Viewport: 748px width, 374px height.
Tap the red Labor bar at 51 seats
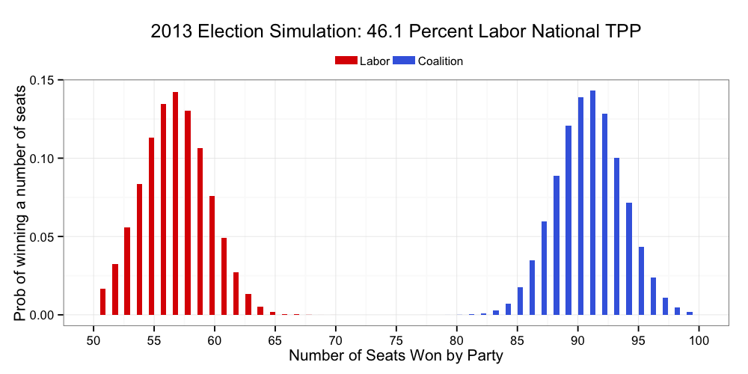coord(102,301)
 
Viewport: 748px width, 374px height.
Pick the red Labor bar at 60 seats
coord(212,255)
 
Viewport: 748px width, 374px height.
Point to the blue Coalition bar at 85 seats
coord(520,301)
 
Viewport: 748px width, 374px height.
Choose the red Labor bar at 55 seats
coord(151,226)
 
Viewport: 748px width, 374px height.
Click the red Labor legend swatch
coord(346,61)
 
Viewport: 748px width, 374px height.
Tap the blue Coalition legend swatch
coord(405,61)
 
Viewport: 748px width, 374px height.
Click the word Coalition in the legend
coord(441,61)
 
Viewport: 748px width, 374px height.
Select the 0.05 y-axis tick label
coord(43,236)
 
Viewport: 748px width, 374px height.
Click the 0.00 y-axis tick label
coord(43,315)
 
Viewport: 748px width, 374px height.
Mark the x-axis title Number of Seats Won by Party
coord(396,357)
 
